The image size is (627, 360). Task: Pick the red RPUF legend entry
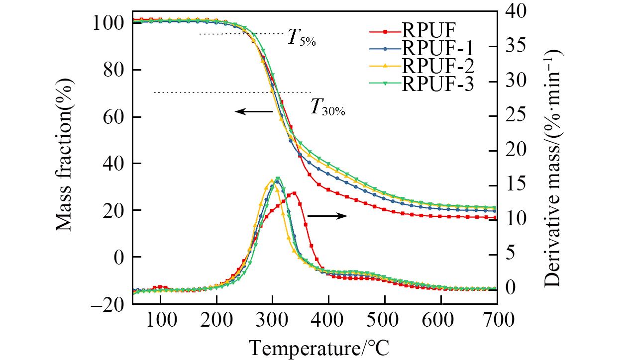[428, 31]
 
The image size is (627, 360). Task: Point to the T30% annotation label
[327, 107]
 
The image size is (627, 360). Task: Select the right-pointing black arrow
[327, 215]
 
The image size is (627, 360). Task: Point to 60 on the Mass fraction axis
[114, 117]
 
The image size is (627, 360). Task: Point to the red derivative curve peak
[294, 193]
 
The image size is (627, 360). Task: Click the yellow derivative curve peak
[272, 180]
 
